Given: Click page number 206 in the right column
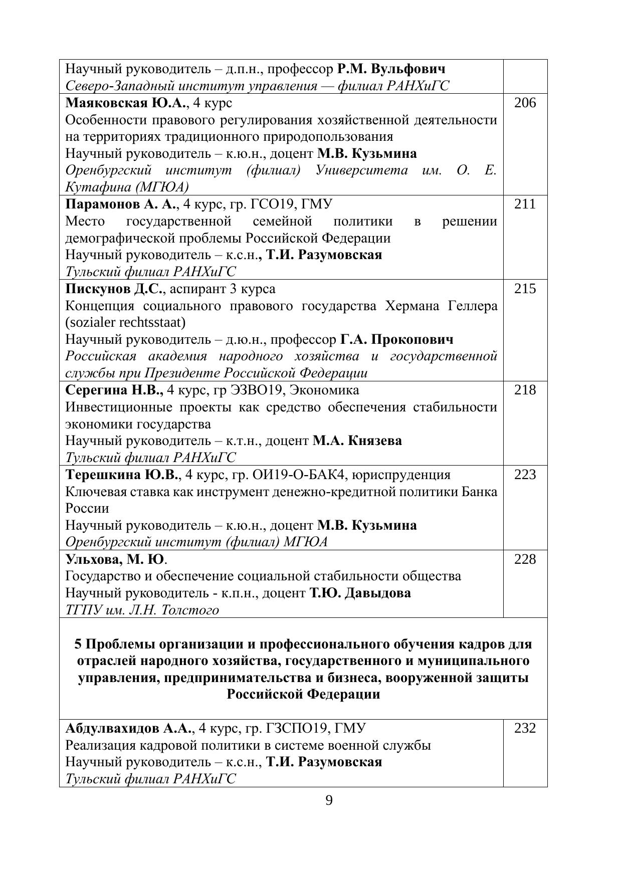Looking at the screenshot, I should point(525,103).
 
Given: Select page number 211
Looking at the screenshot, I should point(525,204).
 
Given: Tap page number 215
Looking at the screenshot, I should point(525,289).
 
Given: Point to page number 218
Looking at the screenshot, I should point(525,390).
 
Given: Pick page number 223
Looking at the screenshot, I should point(525,475).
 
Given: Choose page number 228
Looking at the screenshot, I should point(525,559).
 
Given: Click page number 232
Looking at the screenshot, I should point(525,728).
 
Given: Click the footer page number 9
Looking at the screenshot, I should point(329,800).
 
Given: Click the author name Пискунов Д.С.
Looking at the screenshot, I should point(115,289).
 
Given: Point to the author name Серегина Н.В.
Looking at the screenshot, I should point(114,390).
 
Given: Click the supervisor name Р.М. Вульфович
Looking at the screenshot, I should point(391,69).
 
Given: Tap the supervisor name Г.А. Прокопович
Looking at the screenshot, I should point(396,339).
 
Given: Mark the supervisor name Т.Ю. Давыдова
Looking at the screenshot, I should point(360,593).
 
